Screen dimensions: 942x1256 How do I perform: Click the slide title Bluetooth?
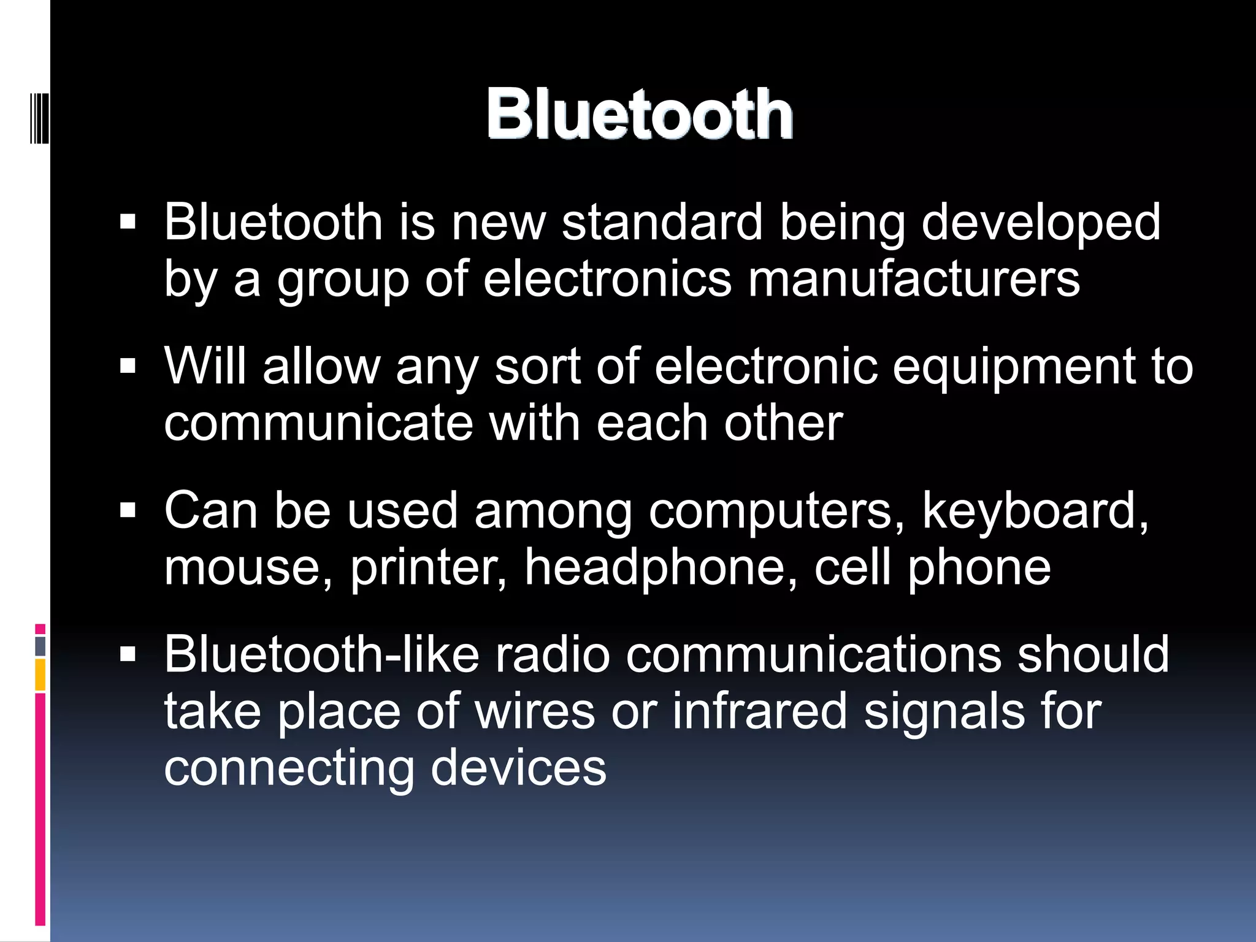[640, 114]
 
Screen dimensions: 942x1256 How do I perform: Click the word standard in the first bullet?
[662, 222]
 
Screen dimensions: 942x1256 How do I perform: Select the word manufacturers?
[914, 279]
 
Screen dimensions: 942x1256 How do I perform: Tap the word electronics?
[607, 279]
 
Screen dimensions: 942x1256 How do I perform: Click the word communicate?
[319, 423]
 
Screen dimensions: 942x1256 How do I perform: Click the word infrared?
[759, 711]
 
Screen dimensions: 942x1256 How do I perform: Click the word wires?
[534, 711]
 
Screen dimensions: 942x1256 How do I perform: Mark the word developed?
[1041, 222]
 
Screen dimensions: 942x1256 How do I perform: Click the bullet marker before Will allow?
[128, 367]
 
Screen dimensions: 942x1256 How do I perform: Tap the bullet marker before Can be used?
[128, 511]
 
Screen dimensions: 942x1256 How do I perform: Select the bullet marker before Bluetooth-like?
[128, 655]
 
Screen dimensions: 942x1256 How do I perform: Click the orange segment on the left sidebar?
[40, 675]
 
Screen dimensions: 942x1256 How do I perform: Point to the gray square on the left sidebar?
[40, 646]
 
